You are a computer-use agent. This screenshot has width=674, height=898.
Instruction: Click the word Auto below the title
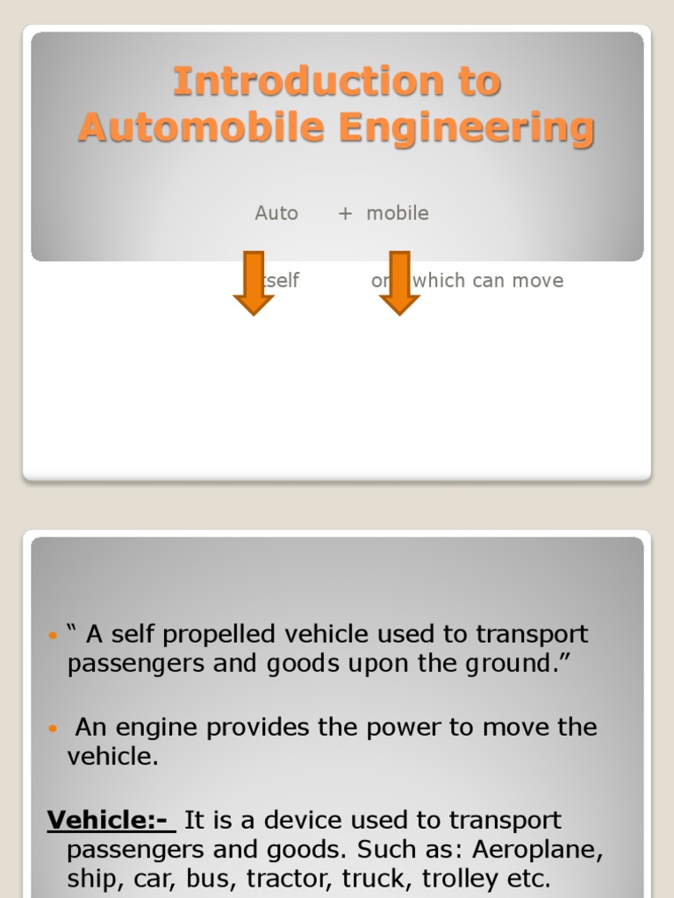click(276, 213)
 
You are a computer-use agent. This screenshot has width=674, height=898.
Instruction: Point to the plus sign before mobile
click(345, 213)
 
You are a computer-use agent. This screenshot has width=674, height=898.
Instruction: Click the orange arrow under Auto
click(254, 283)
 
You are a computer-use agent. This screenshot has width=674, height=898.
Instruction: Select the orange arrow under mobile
click(399, 283)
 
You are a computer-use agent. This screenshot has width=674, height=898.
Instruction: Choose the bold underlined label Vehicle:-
click(111, 821)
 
